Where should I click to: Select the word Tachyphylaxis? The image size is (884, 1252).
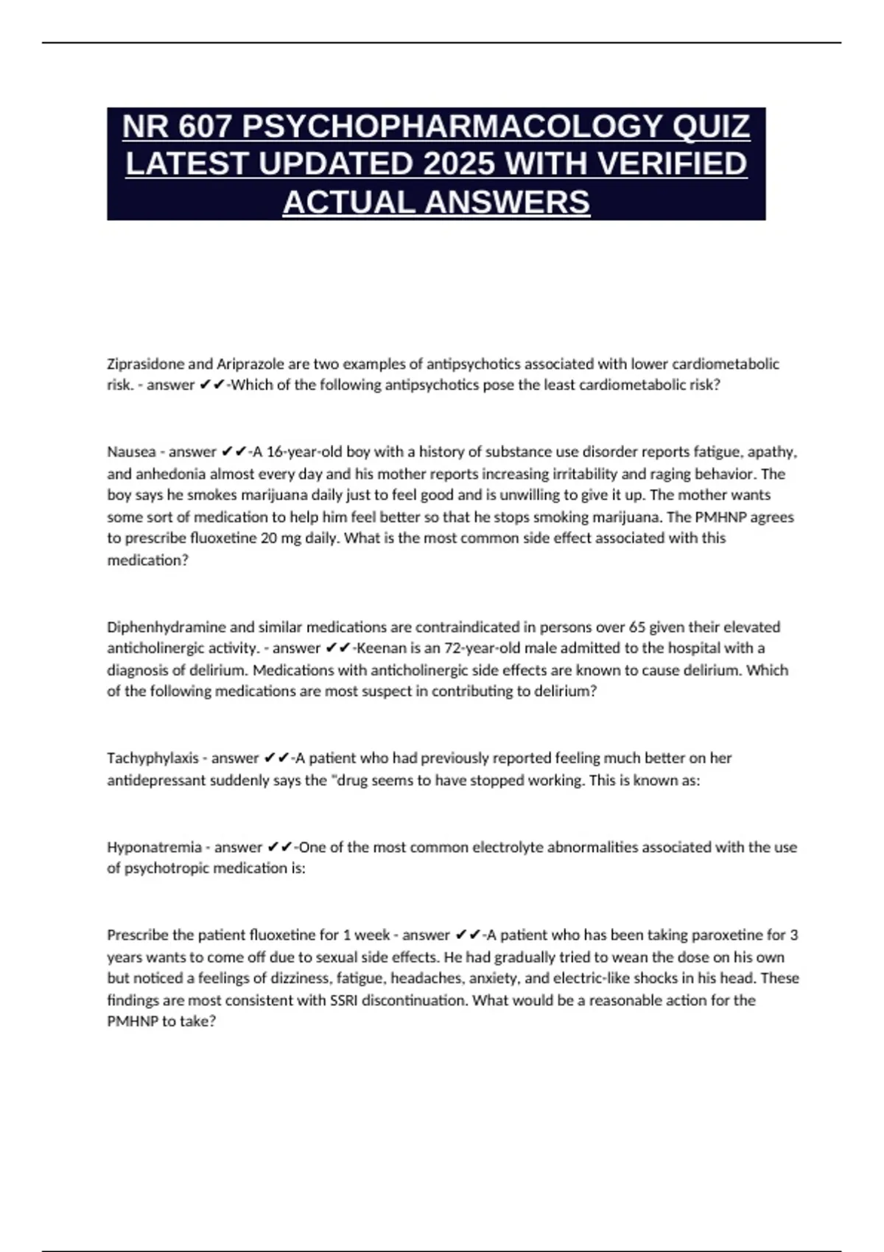click(152, 758)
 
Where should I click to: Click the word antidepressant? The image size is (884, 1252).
click(152, 780)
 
